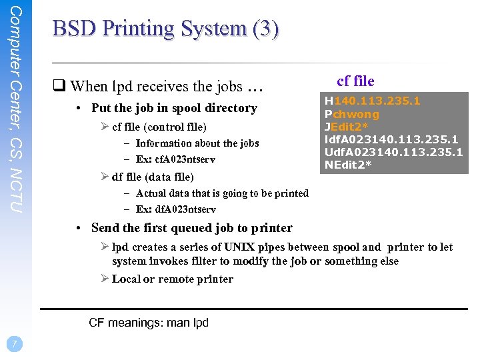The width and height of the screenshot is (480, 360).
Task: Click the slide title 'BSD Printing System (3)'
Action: (x=166, y=29)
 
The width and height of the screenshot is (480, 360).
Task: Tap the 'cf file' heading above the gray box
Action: (x=355, y=81)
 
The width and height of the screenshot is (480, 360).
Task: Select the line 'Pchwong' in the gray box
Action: (x=351, y=114)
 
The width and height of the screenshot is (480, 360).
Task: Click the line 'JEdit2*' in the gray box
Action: (x=347, y=127)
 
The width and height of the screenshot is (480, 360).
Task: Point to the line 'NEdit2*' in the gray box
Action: (x=348, y=165)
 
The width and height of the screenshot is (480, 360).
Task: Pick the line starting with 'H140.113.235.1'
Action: (x=372, y=101)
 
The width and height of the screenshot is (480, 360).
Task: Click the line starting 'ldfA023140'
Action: (x=391, y=139)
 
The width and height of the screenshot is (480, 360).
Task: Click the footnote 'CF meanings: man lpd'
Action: (x=149, y=323)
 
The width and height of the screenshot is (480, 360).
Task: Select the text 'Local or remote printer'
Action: (x=172, y=279)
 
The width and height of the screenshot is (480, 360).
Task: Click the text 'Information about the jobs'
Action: (x=197, y=143)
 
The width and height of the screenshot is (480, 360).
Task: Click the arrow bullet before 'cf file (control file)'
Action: (x=105, y=127)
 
